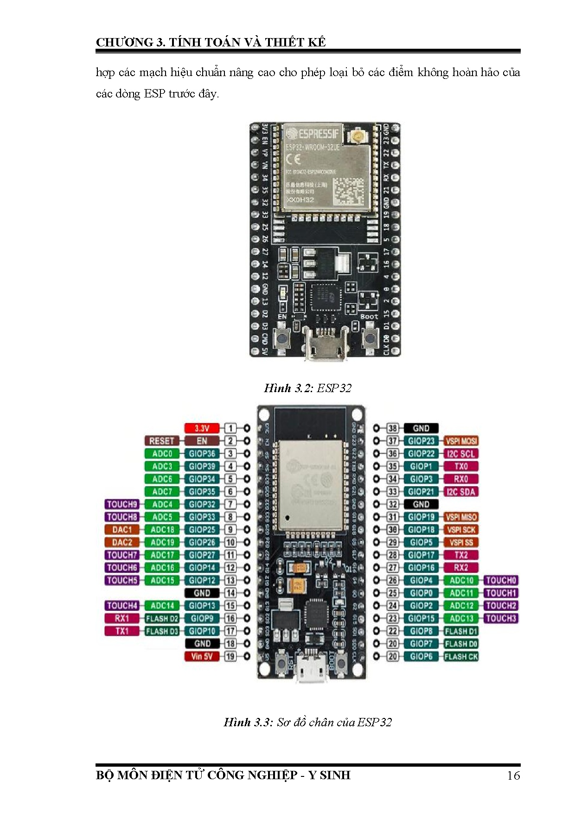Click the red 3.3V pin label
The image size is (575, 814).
[202, 428]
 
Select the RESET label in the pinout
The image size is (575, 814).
[161, 441]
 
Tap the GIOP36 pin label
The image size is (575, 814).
[202, 453]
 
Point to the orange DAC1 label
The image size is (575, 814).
[122, 530]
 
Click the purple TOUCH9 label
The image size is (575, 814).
[122, 504]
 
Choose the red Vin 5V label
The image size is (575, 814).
[202, 656]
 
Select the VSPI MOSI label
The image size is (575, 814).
[461, 441]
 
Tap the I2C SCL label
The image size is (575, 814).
[461, 453]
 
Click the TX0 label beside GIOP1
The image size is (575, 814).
[461, 466]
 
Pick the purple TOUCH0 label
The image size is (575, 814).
[501, 580]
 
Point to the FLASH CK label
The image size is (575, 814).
[461, 656]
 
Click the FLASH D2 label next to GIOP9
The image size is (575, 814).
[162, 618]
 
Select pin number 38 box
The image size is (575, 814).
[393, 428]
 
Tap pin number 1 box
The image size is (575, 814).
[230, 428]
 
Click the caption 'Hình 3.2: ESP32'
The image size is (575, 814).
[307, 388]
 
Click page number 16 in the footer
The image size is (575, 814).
[513, 775]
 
